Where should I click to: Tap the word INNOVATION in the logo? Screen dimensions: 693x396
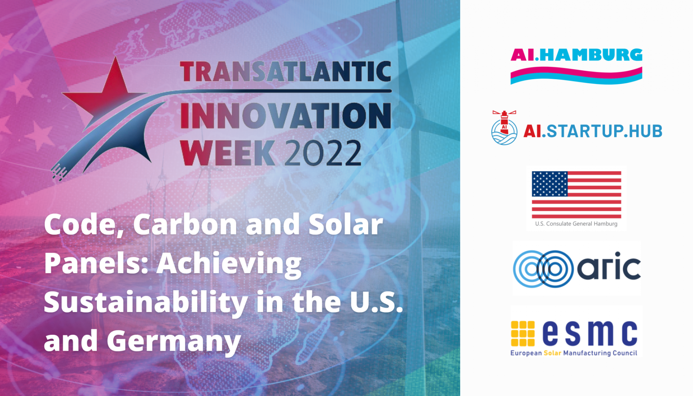286,115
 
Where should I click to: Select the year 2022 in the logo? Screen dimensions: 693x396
323,153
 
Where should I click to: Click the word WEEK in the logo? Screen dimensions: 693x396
227,153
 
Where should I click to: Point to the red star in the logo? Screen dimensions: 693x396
110,95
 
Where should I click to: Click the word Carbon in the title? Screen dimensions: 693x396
185,224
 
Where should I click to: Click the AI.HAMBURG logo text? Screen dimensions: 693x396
576,55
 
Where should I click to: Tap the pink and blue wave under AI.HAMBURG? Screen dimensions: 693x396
576,76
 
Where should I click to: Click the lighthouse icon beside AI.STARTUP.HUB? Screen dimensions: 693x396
504,128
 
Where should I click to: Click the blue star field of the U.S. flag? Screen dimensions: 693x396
550,184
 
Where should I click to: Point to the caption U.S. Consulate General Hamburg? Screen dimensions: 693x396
576,224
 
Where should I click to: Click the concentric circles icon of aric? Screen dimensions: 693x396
543,269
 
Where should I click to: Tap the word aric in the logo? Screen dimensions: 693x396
609,266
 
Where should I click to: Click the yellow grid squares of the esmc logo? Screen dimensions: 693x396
523,334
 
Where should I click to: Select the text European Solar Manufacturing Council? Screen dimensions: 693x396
574,353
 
